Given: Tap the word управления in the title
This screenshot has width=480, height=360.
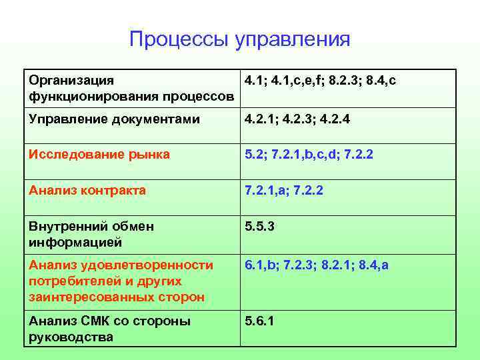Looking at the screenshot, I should [x=293, y=40].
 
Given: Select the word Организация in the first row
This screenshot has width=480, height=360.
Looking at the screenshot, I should [x=71, y=81].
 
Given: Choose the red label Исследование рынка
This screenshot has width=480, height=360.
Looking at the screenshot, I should [x=99, y=155].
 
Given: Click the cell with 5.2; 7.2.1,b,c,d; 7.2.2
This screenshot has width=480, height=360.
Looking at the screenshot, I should [x=309, y=155].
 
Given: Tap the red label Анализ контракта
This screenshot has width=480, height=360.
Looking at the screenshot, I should [x=87, y=191].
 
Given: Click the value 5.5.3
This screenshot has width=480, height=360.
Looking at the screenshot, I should [x=259, y=227].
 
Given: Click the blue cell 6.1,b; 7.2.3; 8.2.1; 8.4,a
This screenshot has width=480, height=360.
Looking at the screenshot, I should [x=316, y=265].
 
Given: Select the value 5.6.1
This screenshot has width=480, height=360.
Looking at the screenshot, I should [x=259, y=321].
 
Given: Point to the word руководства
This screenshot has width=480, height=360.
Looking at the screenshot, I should [x=71, y=337].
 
